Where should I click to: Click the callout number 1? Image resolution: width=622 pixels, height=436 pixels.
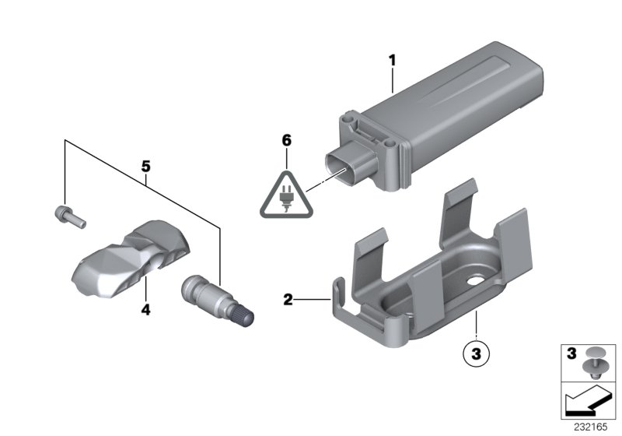coord(393,60)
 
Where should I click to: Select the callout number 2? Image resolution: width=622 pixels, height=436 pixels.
coord(287,298)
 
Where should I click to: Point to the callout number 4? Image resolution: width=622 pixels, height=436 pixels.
coord(145,310)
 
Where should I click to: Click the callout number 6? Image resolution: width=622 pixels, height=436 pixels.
coord(286,140)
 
